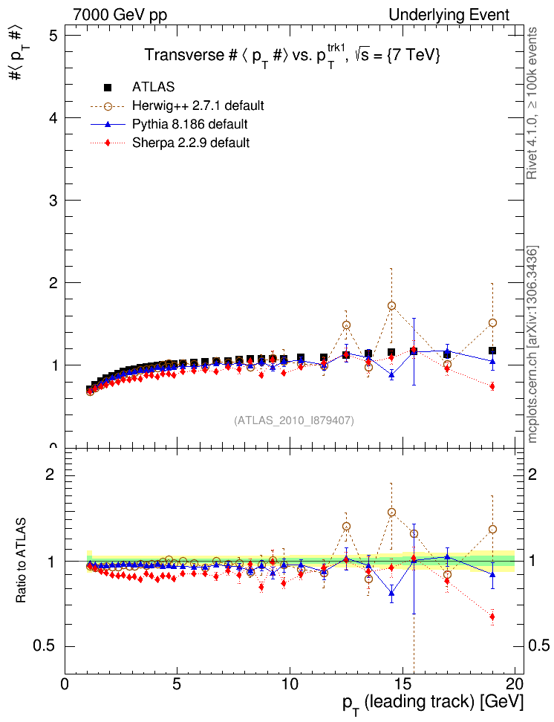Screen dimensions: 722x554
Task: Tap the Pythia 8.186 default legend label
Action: point(189,123)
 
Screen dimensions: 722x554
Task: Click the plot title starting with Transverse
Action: point(293,56)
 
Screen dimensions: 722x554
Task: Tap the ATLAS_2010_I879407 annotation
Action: point(294,420)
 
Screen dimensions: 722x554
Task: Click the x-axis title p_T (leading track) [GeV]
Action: point(433,702)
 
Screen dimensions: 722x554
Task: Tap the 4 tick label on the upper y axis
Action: point(53,118)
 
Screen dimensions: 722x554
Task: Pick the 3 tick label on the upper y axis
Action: point(53,201)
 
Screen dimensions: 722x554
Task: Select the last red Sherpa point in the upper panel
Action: point(492,386)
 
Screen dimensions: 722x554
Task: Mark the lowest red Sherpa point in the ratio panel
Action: point(492,617)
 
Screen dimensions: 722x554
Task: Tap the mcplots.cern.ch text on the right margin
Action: point(532,345)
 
